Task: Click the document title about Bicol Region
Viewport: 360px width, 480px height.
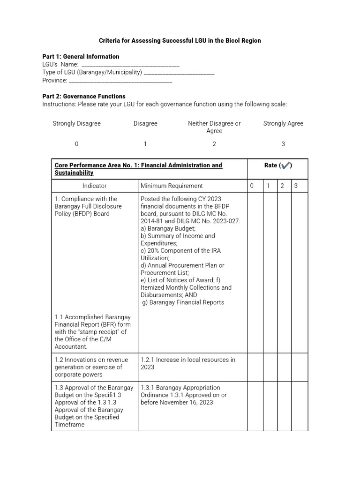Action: (x=180, y=41)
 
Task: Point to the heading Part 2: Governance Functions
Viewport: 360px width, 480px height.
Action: (x=84, y=97)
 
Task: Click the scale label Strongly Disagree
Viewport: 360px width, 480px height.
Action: (x=76, y=124)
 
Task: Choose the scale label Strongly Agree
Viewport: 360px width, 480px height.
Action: (x=283, y=124)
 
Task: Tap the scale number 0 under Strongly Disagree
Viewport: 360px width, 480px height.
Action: (x=76, y=144)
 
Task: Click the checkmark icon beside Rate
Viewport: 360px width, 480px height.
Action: (x=286, y=165)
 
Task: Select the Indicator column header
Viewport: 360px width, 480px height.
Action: (x=95, y=186)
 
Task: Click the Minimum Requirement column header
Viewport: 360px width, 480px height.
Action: (x=172, y=186)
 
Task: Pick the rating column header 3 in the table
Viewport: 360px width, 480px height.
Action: (x=296, y=186)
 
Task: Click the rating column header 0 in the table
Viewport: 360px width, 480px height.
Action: (x=252, y=186)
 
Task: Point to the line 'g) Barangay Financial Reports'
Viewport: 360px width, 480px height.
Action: (x=183, y=302)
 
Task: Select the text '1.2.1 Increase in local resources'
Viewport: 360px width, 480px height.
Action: (x=188, y=360)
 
